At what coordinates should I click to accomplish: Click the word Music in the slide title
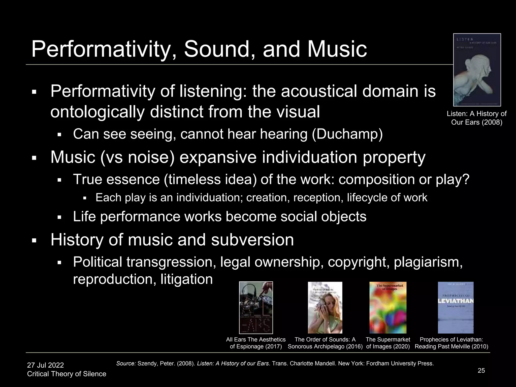[337, 49]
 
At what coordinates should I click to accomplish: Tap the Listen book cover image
[477, 70]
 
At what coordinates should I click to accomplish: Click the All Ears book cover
[256, 307]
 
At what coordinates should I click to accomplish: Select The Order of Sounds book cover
[325, 307]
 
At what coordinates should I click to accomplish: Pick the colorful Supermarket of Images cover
[388, 307]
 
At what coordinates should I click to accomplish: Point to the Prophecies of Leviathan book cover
[456, 307]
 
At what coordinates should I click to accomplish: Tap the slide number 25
[481, 370]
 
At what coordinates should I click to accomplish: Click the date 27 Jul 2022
[45, 365]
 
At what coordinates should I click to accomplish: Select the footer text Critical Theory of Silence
[67, 374]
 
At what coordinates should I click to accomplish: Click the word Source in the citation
[126, 364]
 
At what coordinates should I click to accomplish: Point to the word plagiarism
[428, 262]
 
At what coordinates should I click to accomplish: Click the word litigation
[186, 279]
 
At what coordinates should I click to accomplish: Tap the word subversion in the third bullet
[252, 240]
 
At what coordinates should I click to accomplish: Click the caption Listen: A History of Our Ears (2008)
[476, 118]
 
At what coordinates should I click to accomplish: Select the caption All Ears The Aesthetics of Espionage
[256, 343]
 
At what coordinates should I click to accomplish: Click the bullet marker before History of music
[34, 240]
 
